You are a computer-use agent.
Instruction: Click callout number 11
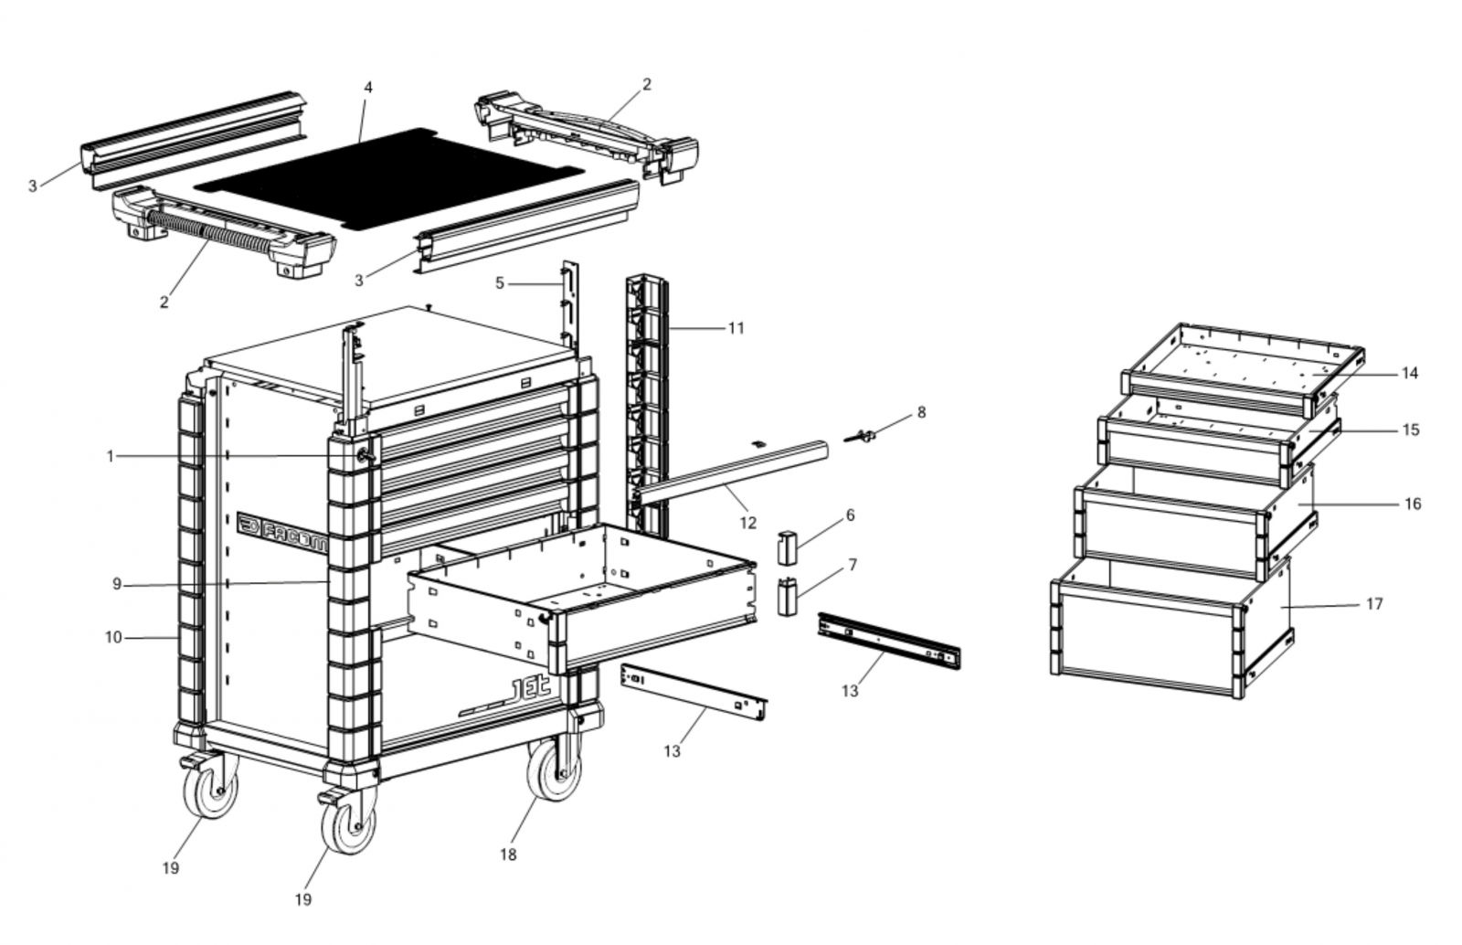(x=736, y=327)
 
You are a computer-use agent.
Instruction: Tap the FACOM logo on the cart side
(x=282, y=531)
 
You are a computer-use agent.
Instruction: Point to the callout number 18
(x=508, y=855)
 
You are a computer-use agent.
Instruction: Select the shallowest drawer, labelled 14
(x=1243, y=361)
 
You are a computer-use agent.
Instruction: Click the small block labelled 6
(x=788, y=547)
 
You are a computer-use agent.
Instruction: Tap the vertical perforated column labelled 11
(x=647, y=402)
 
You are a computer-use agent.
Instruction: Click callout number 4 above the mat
(x=368, y=88)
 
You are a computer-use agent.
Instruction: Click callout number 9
(x=117, y=584)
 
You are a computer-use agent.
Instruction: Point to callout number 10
(x=113, y=637)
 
